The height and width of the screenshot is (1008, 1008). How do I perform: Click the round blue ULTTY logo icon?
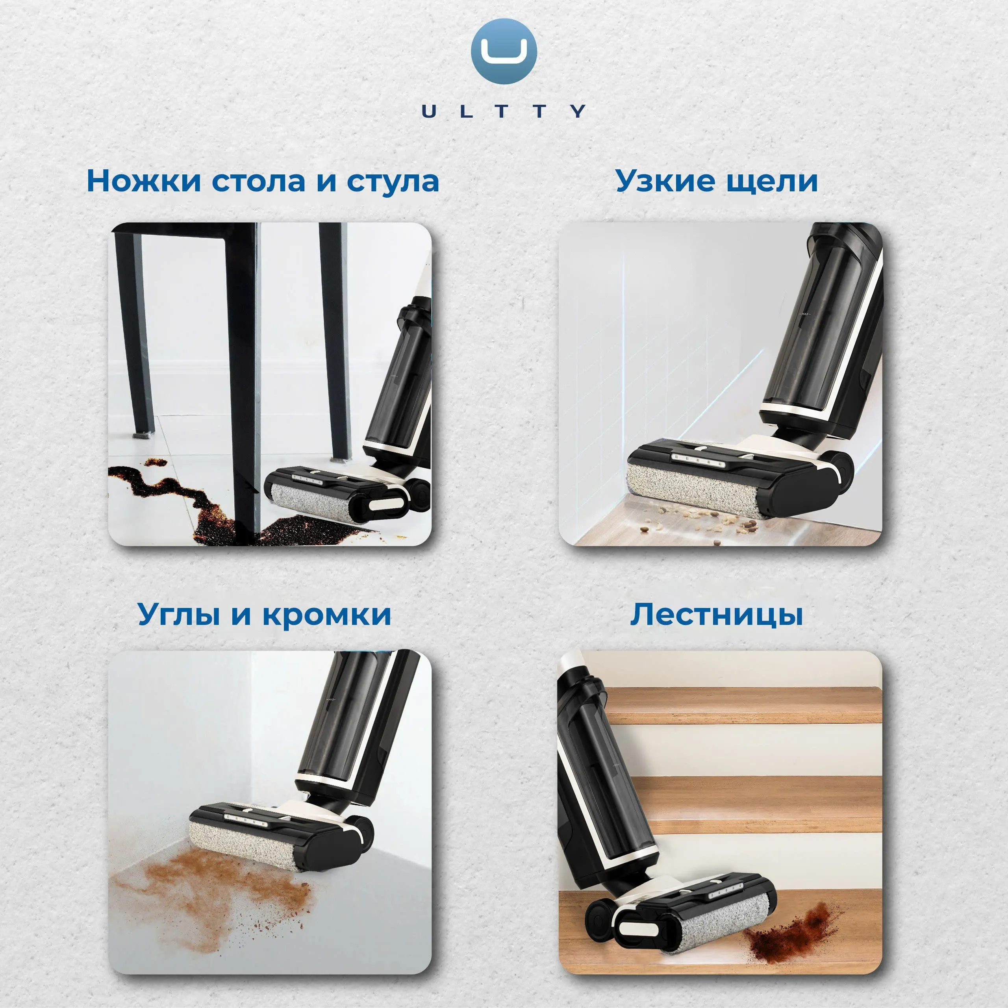click(504, 51)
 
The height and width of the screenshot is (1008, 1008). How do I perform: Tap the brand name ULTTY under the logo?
click(504, 111)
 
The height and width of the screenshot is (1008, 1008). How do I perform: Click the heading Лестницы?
click(716, 615)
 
